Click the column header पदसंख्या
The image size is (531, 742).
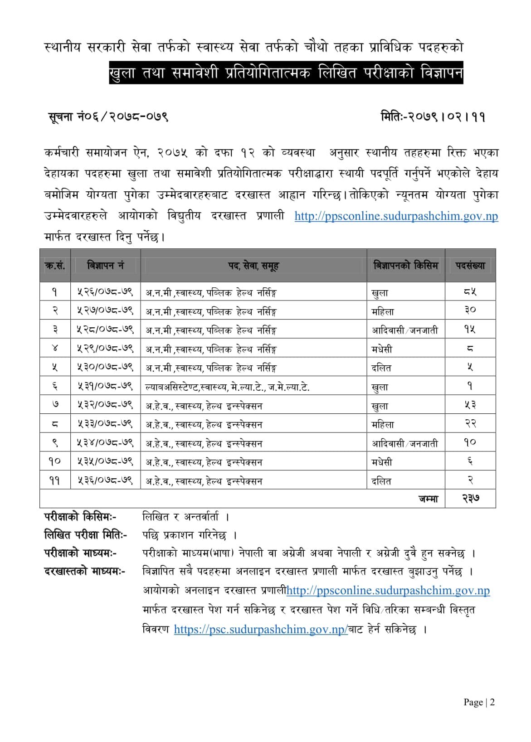(470, 266)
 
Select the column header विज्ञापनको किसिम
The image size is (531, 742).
(405, 265)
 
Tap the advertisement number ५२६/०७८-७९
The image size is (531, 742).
(105, 292)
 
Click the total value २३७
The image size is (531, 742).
(471, 499)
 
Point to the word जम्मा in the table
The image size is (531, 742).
(428, 499)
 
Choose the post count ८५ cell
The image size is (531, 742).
(470, 292)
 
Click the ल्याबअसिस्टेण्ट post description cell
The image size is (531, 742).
(227, 387)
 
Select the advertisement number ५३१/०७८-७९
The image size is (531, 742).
(105, 387)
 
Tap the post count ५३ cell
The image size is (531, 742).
(470, 406)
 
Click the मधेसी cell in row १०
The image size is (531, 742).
(382, 462)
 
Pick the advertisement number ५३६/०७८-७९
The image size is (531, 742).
(105, 481)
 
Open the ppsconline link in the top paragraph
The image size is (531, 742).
(396, 216)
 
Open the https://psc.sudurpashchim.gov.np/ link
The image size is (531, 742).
(261, 629)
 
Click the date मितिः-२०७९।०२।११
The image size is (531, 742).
(433, 117)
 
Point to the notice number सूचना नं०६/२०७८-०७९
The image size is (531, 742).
(108, 117)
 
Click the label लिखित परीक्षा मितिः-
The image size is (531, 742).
(86, 535)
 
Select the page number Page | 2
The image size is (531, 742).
(479, 702)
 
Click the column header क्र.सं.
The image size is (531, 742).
(55, 266)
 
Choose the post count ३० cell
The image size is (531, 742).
(470, 311)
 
